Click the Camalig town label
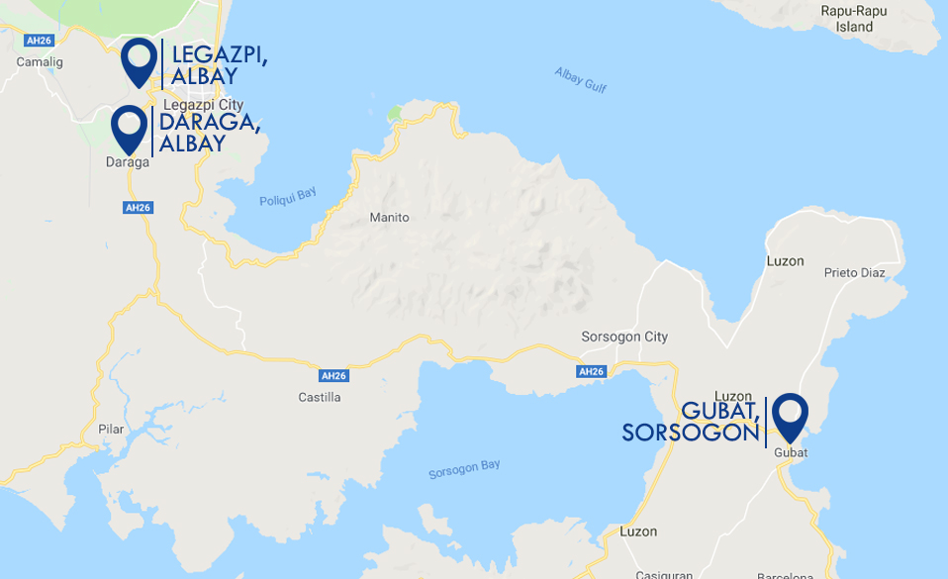40,61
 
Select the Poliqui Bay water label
287,197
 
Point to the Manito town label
389,218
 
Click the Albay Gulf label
580,80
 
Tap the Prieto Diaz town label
853,272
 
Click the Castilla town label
319,397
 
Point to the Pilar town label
111,429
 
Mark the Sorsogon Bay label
464,468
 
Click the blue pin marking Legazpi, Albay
140,61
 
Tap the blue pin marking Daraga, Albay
129,129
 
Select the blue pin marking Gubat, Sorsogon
790,417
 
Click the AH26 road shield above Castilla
333,376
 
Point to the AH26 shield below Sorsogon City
591,371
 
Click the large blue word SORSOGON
690,433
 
